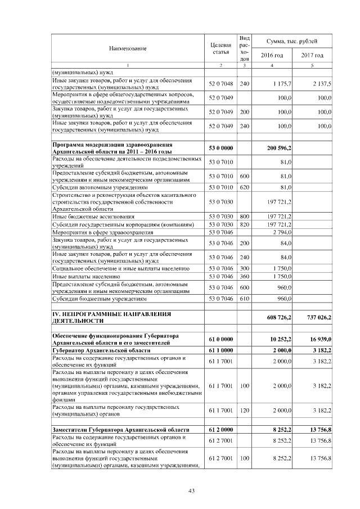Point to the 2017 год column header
[x=312, y=55]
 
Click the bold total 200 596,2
[x=279, y=148]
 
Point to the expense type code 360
[x=244, y=276]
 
